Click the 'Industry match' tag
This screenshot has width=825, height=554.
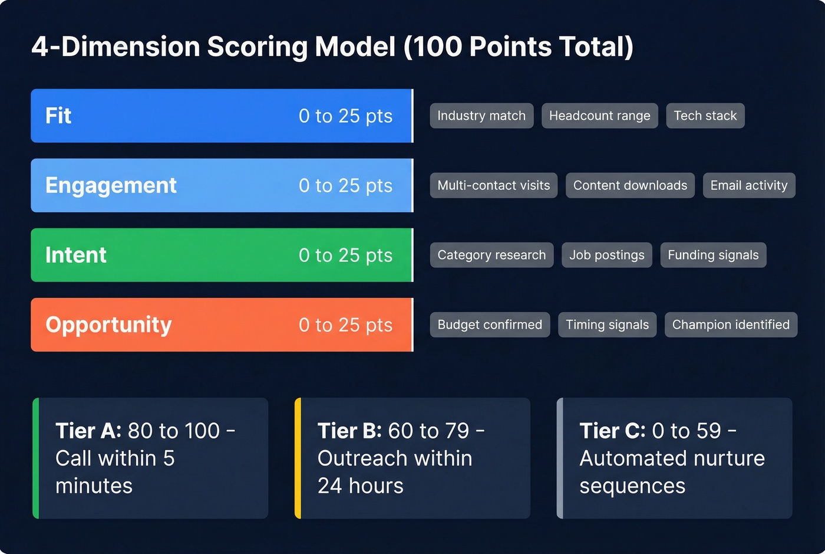(481, 116)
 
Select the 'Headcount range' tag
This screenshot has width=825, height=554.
(599, 116)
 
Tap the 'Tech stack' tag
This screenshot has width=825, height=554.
(705, 116)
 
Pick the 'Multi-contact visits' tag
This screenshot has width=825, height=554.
(493, 185)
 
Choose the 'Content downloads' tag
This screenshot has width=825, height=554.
(630, 185)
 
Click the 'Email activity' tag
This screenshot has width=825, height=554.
(748, 185)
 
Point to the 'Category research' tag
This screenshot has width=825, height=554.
(491, 255)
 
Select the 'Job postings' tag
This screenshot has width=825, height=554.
(606, 255)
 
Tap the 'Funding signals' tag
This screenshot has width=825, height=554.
(713, 255)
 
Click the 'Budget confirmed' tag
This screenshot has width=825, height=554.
(490, 324)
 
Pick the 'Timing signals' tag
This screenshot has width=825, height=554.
(607, 324)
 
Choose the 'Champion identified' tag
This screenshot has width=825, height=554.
(731, 324)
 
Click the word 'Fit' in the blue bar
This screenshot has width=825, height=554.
(58, 116)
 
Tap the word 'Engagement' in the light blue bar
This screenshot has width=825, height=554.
(111, 185)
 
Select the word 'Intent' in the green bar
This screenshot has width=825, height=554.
(76, 255)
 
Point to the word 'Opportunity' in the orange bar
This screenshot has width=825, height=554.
(108, 324)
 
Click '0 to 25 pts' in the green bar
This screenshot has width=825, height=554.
(345, 255)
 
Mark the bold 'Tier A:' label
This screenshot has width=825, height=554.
(88, 431)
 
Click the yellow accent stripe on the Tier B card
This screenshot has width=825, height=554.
(298, 458)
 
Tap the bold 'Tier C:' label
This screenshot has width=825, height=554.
(612, 431)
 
